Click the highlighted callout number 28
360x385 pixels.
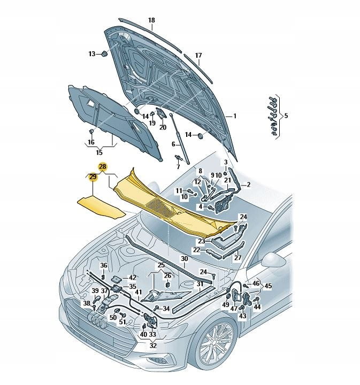tap(102, 167)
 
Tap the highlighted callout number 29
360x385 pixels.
tap(93, 176)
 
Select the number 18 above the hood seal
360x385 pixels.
tap(151, 20)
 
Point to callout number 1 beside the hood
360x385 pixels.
tap(235, 115)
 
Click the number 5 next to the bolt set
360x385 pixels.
tap(286, 115)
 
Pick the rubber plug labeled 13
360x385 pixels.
tap(105, 53)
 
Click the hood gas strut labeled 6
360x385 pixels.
tap(180, 138)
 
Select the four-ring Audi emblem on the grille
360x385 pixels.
tap(97, 320)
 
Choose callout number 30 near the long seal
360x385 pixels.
tap(185, 259)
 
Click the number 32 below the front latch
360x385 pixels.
tap(153, 346)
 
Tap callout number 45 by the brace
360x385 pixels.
tap(268, 286)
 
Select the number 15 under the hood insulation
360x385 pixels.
tap(99, 152)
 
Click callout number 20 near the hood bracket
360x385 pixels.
tap(163, 127)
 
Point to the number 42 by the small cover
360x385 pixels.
tap(132, 278)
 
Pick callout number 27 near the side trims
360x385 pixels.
tap(238, 258)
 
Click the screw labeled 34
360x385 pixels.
tap(156, 308)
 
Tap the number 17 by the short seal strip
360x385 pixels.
tap(198, 56)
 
